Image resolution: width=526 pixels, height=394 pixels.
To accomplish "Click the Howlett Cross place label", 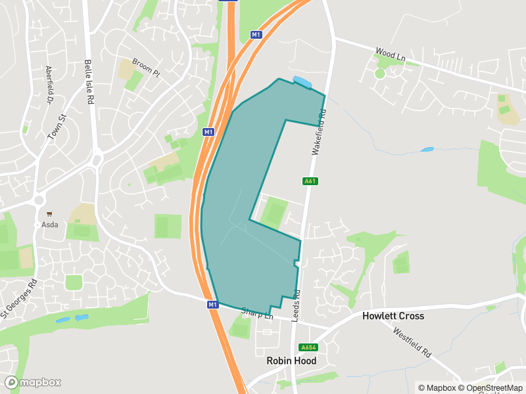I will (x=393, y=316).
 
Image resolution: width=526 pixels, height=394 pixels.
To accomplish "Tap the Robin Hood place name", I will (x=291, y=361).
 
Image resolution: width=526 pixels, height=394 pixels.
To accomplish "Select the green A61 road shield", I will (x=310, y=181).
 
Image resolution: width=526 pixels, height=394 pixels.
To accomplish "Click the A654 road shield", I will (x=307, y=347).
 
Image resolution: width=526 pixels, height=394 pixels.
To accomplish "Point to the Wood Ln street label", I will (x=390, y=54).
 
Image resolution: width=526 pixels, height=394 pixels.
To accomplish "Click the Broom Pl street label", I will (x=145, y=68).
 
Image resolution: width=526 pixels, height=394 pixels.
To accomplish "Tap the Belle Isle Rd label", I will (x=89, y=82).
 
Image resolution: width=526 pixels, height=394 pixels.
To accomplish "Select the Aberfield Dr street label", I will (x=49, y=85).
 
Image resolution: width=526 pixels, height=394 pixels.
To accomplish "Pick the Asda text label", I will (x=50, y=224).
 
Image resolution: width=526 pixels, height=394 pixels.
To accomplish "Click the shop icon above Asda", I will (x=49, y=213).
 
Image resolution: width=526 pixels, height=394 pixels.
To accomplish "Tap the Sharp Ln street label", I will (x=256, y=313).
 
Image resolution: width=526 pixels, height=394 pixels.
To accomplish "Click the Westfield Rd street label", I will (x=412, y=342).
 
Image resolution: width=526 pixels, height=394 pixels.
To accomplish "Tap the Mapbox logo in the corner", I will (x=33, y=382).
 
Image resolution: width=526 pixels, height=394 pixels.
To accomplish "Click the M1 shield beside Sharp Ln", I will (x=212, y=305).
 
